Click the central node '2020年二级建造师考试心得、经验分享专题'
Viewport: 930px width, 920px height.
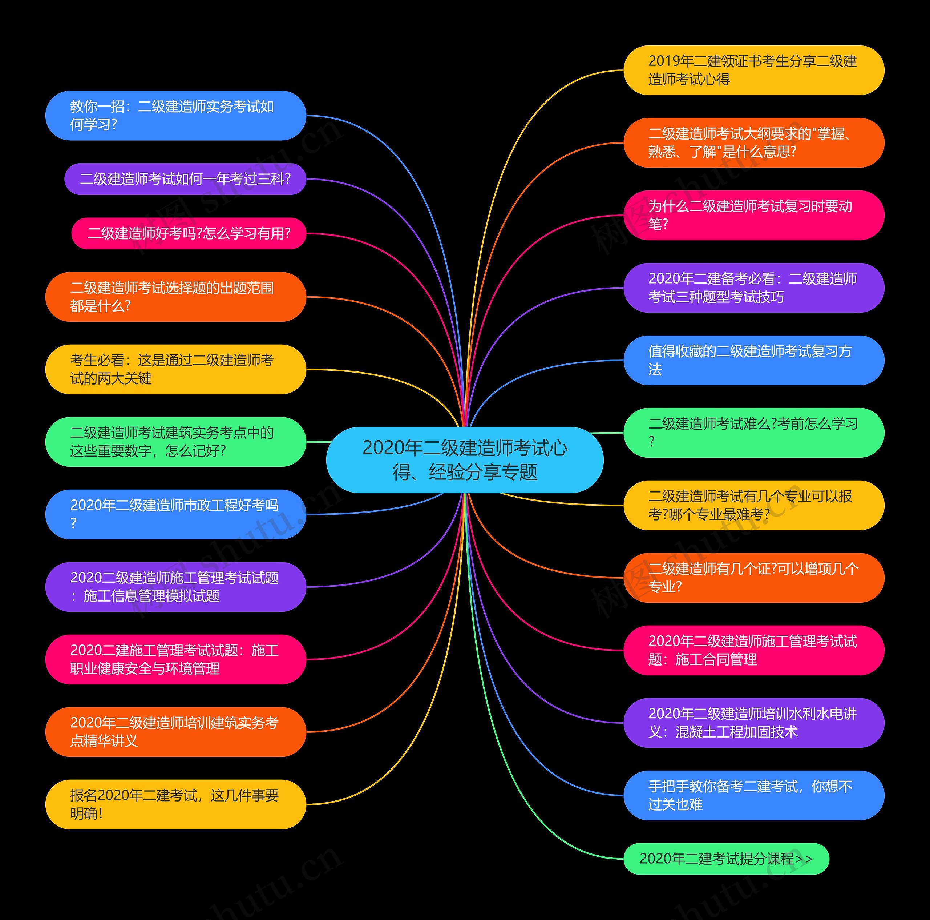pyautogui.click(x=465, y=459)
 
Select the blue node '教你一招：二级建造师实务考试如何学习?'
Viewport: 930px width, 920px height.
pyautogui.click(x=176, y=116)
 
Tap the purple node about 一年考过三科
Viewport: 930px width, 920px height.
pyautogui.click(x=185, y=179)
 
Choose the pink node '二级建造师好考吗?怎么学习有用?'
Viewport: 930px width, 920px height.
pyautogui.click(x=189, y=234)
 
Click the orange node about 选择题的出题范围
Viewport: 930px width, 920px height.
pyautogui.click(x=176, y=297)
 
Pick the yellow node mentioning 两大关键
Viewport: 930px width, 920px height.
pyautogui.click(x=176, y=369)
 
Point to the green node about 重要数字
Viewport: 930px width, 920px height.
pyautogui.click(x=176, y=442)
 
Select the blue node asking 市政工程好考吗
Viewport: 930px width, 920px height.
pyautogui.click(x=176, y=514)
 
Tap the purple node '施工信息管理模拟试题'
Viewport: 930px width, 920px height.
pyautogui.click(x=176, y=587)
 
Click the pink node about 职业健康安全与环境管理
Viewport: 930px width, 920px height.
pyautogui.click(x=176, y=659)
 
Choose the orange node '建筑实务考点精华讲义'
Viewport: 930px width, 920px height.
pyautogui.click(x=176, y=732)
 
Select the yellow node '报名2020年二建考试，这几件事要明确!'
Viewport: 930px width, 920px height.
pyautogui.click(x=176, y=804)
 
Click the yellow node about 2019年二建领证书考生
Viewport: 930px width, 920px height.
pyautogui.click(x=754, y=70)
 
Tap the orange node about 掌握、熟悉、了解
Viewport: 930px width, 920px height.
pyautogui.click(x=754, y=142)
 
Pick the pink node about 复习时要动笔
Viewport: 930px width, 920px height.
pyautogui.click(x=754, y=215)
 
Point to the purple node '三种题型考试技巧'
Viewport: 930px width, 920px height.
pyautogui.click(x=754, y=288)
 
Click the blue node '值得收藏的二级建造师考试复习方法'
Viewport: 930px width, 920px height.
pyautogui.click(x=754, y=360)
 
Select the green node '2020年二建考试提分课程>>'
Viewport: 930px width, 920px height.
pyautogui.click(x=727, y=859)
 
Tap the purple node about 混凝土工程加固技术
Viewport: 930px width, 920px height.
pyautogui.click(x=754, y=723)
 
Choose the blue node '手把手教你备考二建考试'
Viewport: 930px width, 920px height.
pyautogui.click(x=754, y=795)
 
